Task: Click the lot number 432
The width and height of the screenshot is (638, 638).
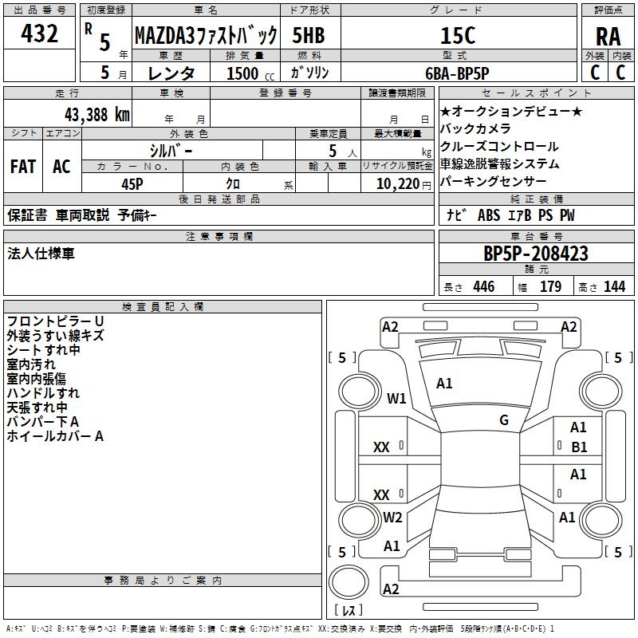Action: click(41, 33)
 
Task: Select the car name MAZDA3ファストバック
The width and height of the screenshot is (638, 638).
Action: click(205, 35)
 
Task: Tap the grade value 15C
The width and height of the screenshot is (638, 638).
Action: click(457, 36)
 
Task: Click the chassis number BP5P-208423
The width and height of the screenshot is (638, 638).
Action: click(536, 254)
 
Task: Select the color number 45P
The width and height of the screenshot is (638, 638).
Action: click(132, 183)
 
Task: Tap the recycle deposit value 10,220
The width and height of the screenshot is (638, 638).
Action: click(396, 183)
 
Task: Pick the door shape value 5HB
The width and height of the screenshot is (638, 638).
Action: click(308, 36)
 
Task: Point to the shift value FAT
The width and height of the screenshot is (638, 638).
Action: click(23, 167)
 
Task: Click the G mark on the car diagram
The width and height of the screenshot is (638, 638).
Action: click(504, 420)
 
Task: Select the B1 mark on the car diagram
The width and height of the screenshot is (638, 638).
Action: click(579, 447)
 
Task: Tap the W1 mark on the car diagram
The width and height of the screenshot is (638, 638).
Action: click(396, 398)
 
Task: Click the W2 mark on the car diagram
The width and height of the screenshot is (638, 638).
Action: click(392, 517)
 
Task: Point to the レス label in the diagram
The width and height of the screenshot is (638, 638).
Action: click(349, 611)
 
